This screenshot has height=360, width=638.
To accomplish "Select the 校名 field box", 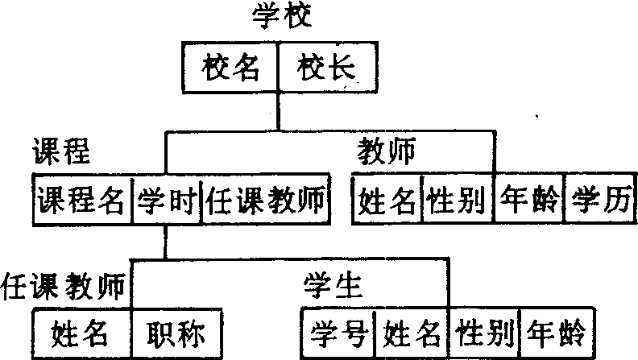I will (231, 68).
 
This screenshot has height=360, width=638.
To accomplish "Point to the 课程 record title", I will (60, 151).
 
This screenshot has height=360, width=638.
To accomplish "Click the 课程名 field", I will (81, 198).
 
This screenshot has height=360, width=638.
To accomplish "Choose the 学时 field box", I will (165, 198).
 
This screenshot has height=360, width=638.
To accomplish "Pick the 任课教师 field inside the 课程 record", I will (266, 198).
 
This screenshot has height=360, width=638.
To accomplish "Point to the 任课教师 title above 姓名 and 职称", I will (64, 286).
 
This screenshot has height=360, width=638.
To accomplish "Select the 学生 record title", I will (333, 286).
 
